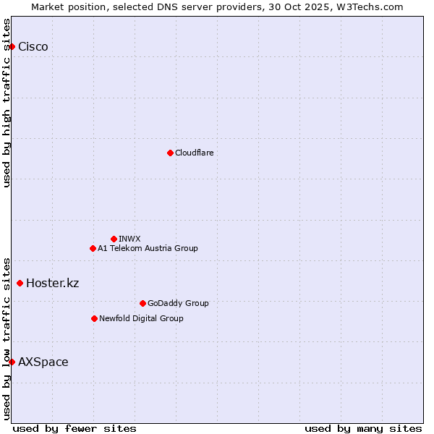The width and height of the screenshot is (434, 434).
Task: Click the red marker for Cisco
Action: pyautogui.click(x=12, y=47)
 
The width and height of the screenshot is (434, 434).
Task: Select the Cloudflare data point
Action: pyautogui.click(x=170, y=153)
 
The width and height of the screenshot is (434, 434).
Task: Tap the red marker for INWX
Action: pyautogui.click(x=114, y=239)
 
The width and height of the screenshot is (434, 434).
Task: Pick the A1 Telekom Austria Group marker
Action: pyautogui.click(x=93, y=248)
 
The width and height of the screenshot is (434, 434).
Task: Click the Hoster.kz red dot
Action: pyautogui.click(x=20, y=283)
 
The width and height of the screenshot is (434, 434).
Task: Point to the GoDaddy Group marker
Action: pyautogui.click(x=142, y=303)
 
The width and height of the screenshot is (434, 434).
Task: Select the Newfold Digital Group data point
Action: pyautogui.click(x=94, y=318)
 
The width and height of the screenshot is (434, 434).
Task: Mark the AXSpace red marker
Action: pyautogui.click(x=12, y=362)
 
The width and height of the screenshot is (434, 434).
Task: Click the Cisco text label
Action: pyautogui.click(x=33, y=47)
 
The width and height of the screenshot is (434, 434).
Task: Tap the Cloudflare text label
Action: pyautogui.click(x=194, y=153)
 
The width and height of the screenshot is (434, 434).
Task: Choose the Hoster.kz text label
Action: pyautogui.click(x=52, y=283)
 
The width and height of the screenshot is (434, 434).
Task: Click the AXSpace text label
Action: pyautogui.click(x=43, y=362)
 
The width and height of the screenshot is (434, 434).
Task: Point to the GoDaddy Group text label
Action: pyautogui.click(x=178, y=303)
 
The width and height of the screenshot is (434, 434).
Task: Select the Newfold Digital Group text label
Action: pyautogui.click(x=141, y=318)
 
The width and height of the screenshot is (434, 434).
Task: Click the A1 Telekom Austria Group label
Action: pyautogui.click(x=148, y=248)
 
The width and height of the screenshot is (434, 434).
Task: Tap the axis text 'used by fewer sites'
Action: pyautogui.click(x=75, y=428)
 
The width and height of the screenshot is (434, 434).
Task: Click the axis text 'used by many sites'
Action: pyautogui.click(x=363, y=428)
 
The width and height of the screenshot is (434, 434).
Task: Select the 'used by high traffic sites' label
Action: pyautogui.click(x=7, y=103)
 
